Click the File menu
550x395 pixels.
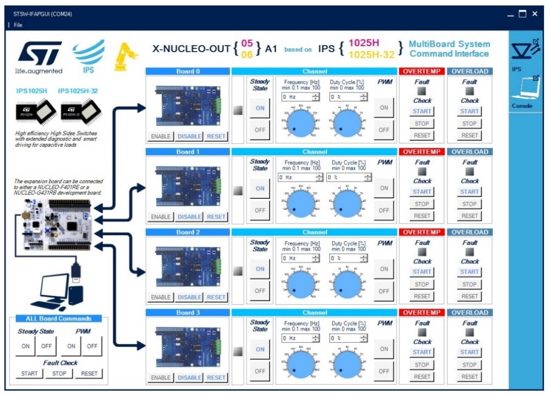(x=18, y=25)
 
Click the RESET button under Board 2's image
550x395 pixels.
(x=216, y=297)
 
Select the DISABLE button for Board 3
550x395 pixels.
(x=189, y=377)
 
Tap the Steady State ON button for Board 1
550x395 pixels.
(x=260, y=188)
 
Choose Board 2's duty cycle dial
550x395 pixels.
(x=348, y=283)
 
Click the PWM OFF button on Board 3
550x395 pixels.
(x=384, y=371)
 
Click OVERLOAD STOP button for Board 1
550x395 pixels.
(x=470, y=204)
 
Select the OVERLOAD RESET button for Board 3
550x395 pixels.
(x=470, y=377)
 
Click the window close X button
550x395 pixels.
(x=535, y=14)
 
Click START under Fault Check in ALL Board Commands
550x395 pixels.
(x=30, y=374)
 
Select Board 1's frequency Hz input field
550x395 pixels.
(x=296, y=177)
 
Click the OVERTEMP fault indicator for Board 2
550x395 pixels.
(x=422, y=252)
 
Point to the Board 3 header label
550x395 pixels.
(x=187, y=313)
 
